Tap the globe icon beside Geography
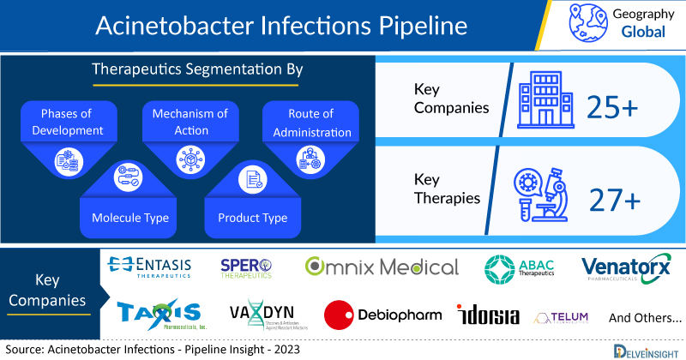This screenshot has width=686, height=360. coord(587,23)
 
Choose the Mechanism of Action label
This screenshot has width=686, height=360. coord(190,122)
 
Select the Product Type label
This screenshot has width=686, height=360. coord(252,218)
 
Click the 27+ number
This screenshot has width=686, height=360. coord(614,199)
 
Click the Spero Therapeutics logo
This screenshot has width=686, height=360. coord(246,267)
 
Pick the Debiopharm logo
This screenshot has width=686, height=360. coord(383,315)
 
